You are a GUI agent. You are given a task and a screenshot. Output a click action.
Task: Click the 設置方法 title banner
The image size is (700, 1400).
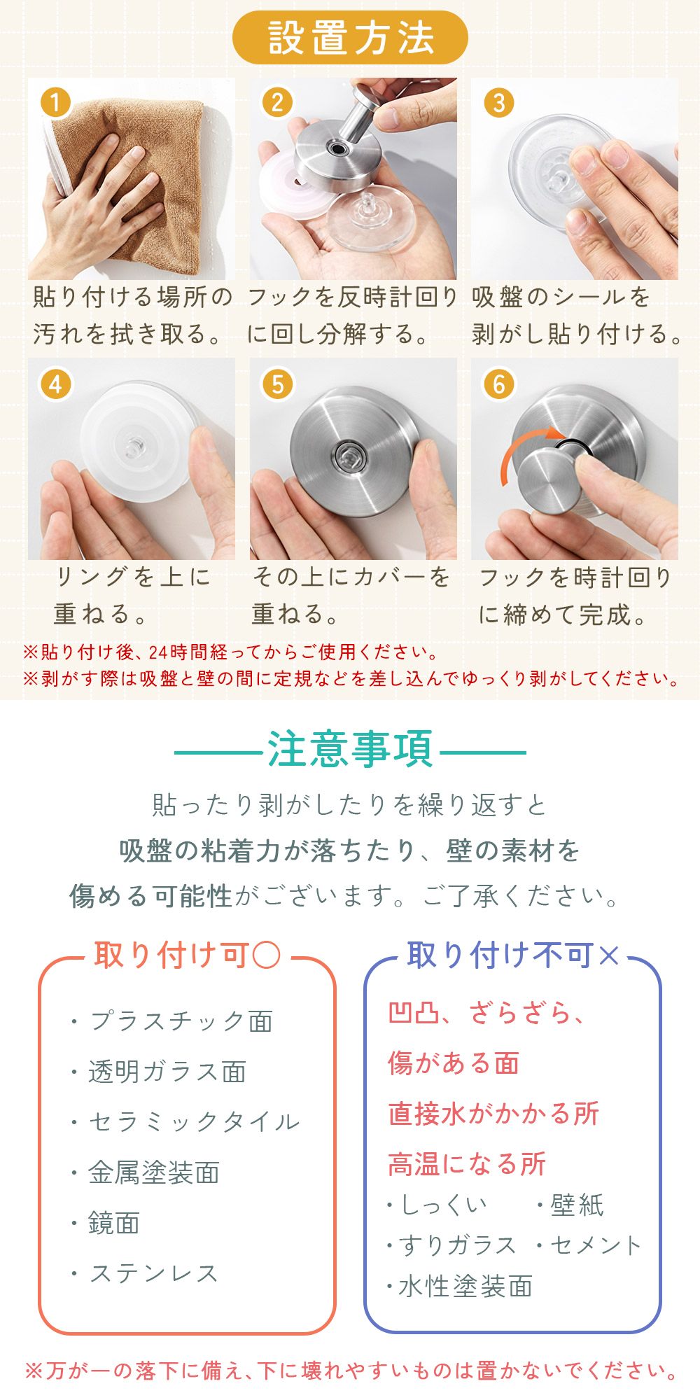(x=350, y=37)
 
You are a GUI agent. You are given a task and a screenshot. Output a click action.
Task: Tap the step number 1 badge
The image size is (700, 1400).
(x=56, y=103)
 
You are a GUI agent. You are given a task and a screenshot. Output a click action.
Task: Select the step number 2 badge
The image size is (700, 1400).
(x=277, y=103)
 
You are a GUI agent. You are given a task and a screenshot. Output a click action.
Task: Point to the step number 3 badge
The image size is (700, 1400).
(x=499, y=103)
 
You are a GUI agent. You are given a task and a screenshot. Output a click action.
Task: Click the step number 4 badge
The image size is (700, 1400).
(x=56, y=384)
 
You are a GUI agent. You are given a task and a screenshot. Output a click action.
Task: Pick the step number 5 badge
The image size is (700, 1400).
(x=277, y=384)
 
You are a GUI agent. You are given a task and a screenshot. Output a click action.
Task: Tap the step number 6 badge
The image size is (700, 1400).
(x=499, y=384)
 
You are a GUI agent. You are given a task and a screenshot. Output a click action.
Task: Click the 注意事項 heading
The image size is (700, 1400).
(x=350, y=750)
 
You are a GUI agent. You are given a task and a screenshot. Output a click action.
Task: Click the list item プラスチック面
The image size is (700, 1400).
(x=181, y=1021)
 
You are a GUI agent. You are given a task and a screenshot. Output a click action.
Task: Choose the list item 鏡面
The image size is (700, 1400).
(x=114, y=1223)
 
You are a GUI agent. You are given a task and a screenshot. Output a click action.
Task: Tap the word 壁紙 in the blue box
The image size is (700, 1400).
(x=577, y=1205)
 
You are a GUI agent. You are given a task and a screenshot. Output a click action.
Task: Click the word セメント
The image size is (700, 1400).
(x=596, y=1245)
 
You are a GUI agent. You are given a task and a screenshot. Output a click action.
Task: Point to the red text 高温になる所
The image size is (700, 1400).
(x=467, y=1164)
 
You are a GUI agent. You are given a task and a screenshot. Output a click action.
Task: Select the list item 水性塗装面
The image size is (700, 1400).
(x=465, y=1286)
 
